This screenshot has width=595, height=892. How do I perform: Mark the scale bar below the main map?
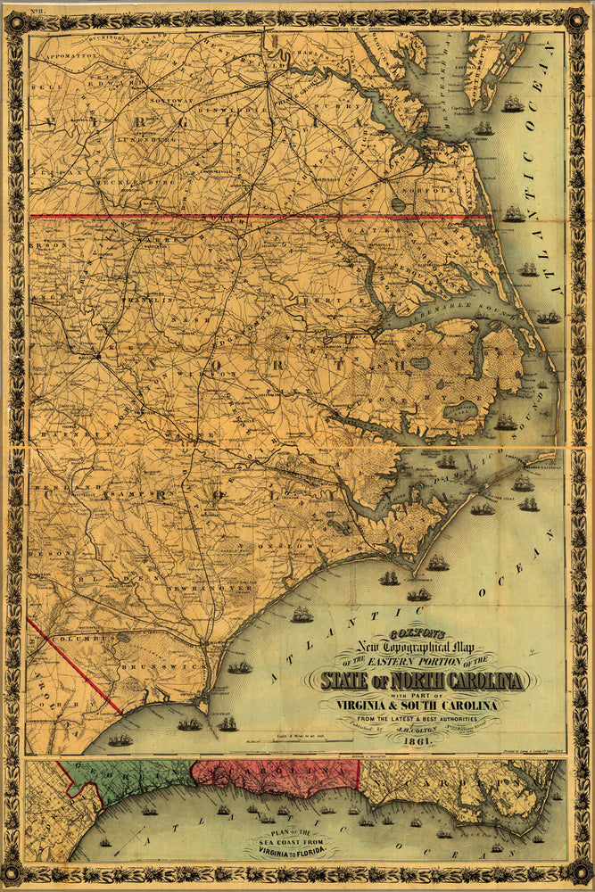point(294,737)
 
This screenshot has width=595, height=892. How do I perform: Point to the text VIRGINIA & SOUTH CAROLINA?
point(417,702)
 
